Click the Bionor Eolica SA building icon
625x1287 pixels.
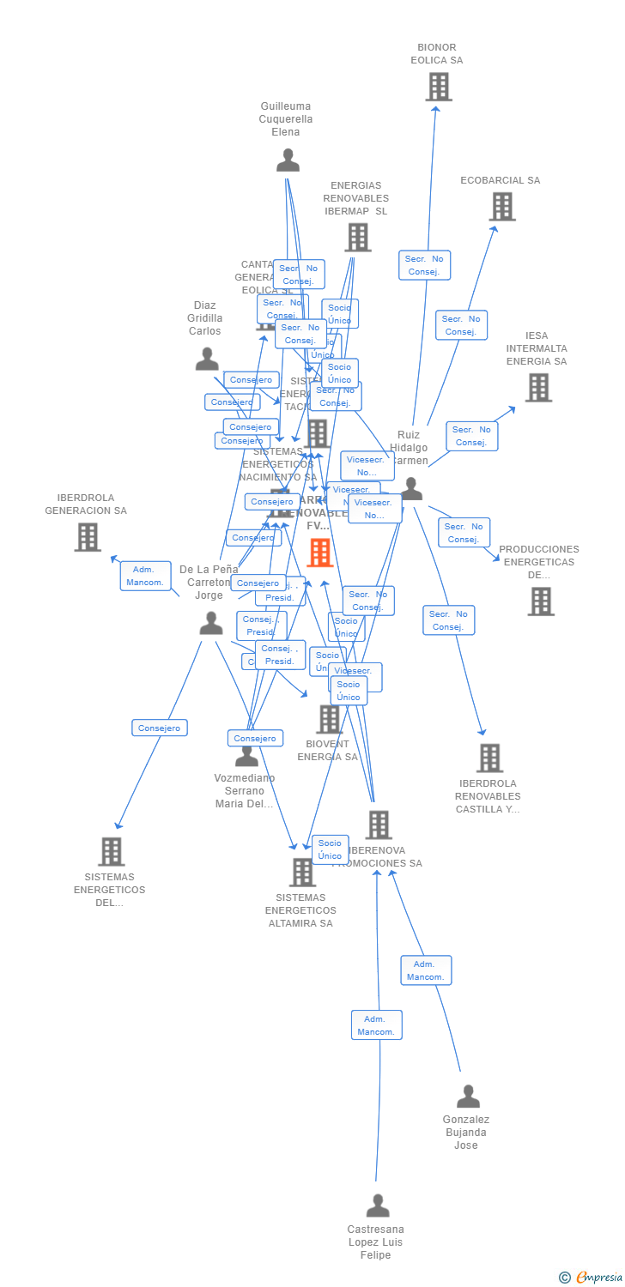(x=439, y=87)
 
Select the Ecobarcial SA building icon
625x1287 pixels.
(x=502, y=207)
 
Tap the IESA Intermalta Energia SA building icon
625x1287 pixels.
(x=538, y=388)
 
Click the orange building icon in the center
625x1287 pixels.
(x=320, y=553)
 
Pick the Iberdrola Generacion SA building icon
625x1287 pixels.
(x=88, y=537)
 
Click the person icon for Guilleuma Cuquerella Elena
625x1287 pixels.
(x=288, y=160)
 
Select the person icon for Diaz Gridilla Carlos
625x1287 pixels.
(x=207, y=359)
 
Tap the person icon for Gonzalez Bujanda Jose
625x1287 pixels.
(x=468, y=1097)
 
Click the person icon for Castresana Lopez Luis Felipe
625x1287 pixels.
(x=378, y=1205)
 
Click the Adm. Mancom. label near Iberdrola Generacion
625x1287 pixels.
(x=145, y=576)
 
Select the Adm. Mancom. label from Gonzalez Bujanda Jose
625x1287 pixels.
(x=426, y=970)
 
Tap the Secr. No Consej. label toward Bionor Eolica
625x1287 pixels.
(x=424, y=265)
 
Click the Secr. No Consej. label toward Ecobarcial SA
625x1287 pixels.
(x=461, y=325)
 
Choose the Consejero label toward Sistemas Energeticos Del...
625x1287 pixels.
(x=160, y=728)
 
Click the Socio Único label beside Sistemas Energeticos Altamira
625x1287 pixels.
(x=330, y=849)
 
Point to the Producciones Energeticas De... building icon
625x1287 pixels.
(x=541, y=601)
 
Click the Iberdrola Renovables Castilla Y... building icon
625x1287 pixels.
(x=489, y=758)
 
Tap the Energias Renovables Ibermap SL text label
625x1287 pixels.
(x=355, y=198)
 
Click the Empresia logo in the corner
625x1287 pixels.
(x=592, y=1278)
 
